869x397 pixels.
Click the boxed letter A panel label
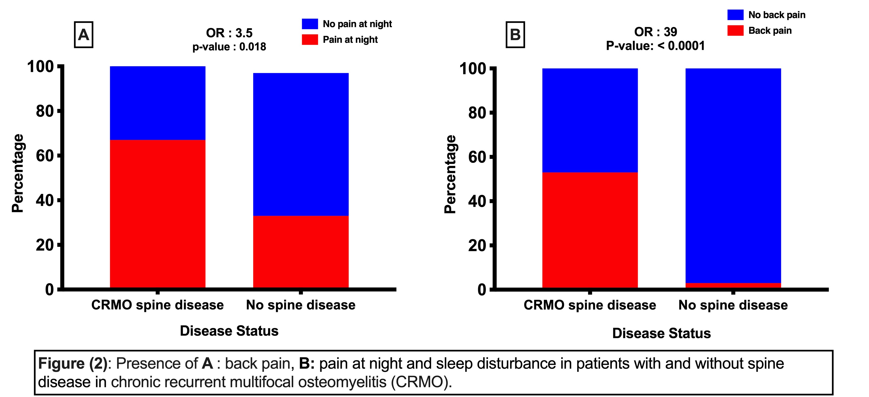[x=83, y=35]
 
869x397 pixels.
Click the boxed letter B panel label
[x=515, y=35]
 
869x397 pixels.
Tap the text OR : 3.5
[x=229, y=33]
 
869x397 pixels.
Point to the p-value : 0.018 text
[x=229, y=47]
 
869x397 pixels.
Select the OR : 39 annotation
[x=655, y=32]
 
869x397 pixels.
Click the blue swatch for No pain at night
[x=310, y=24]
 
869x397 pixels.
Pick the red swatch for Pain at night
[x=310, y=40]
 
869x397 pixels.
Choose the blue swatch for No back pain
[x=735, y=15]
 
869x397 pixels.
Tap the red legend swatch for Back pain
[x=735, y=30]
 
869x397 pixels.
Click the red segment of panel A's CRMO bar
[x=157, y=214]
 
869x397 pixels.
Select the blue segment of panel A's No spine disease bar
[x=300, y=145]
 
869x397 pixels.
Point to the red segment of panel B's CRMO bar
[x=590, y=230]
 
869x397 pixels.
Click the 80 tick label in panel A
[x=45, y=111]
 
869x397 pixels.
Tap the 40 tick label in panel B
[x=477, y=201]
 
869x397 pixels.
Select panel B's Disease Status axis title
[x=661, y=333]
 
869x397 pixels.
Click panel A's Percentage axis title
[x=18, y=173]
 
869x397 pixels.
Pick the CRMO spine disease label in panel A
[x=157, y=305]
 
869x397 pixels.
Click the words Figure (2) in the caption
[x=72, y=364]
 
